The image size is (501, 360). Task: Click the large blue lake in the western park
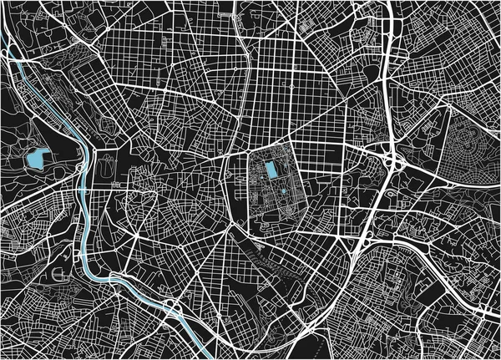[x=36, y=157]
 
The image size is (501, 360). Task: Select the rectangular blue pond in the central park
[x=271, y=171]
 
